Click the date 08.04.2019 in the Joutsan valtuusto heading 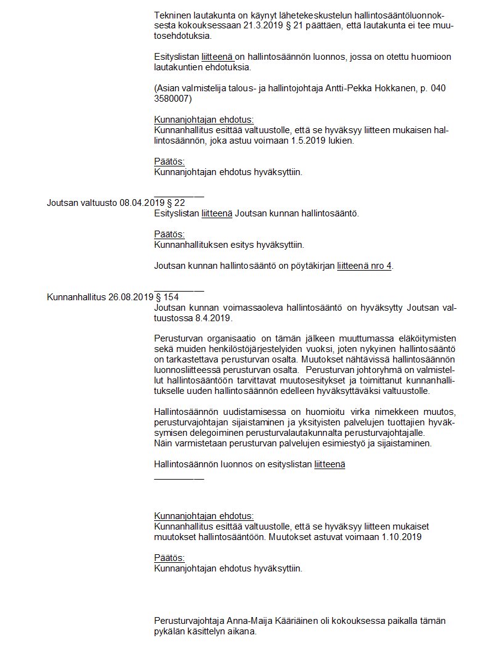coord(141,202)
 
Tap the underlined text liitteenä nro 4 coord(364,266)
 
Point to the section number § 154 coord(166,297)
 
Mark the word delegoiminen coord(183,433)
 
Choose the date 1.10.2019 coord(401,537)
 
